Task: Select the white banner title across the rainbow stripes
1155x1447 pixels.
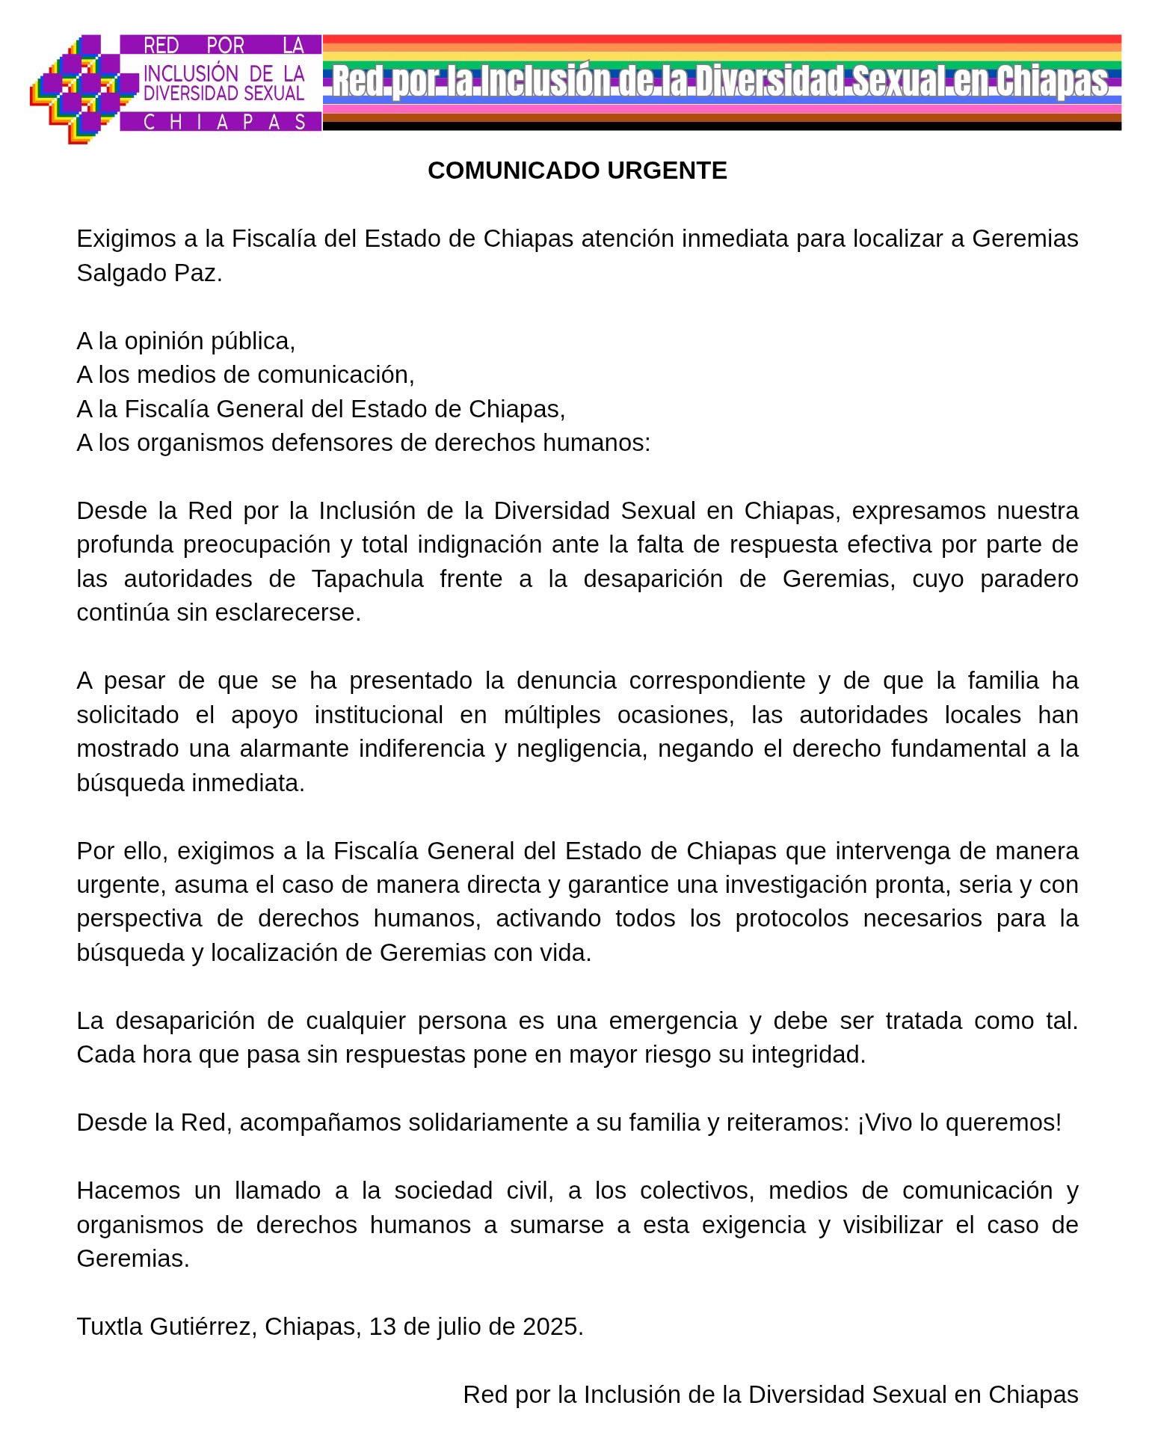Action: [x=719, y=82]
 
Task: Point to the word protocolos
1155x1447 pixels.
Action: [x=792, y=918]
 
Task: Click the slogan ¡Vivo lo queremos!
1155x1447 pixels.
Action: [x=959, y=1122]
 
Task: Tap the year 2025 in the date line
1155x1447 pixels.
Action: [x=549, y=1327]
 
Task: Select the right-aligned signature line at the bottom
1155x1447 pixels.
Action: [x=770, y=1395]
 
